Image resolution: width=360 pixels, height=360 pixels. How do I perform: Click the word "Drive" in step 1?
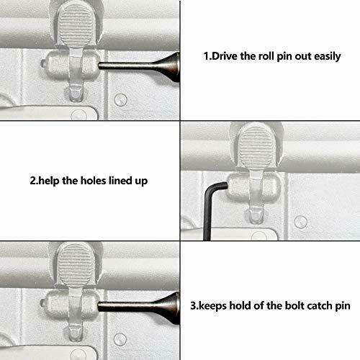(x=228, y=55)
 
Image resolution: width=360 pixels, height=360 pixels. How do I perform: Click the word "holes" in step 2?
(x=89, y=179)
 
